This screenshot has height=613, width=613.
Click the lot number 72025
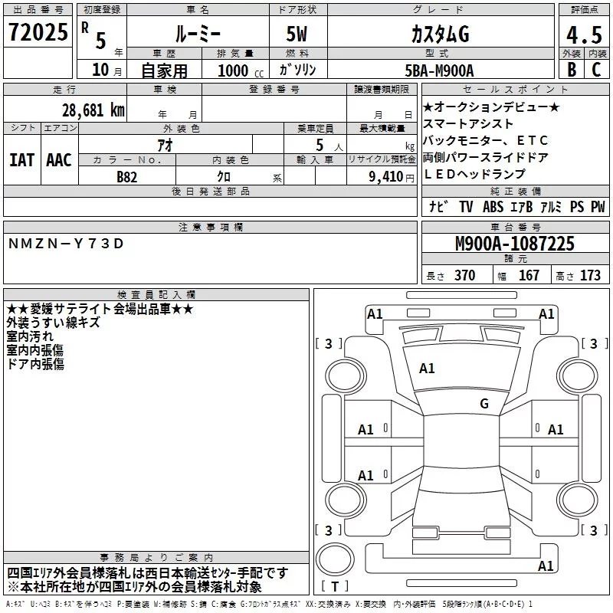[x=38, y=32]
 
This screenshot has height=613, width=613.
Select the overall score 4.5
[x=584, y=34]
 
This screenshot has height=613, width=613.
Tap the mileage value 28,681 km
[x=93, y=110]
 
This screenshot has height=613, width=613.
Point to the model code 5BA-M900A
[x=439, y=70]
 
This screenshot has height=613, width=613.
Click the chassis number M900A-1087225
[x=515, y=244]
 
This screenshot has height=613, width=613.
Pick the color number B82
[x=127, y=177]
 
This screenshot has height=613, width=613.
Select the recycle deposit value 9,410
[x=386, y=177]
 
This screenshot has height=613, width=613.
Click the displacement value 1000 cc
[x=241, y=70]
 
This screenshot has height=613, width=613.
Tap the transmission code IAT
[x=22, y=160]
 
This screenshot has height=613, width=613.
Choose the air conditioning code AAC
[x=59, y=160]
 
